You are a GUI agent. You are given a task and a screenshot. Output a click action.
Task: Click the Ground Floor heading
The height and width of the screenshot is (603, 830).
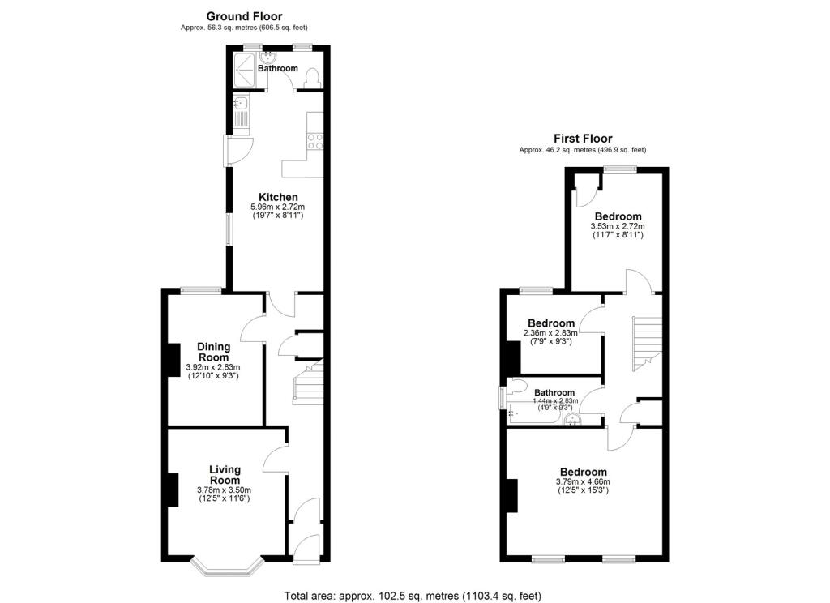(244, 16)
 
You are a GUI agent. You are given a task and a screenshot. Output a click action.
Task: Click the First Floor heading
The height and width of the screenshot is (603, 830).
(583, 139)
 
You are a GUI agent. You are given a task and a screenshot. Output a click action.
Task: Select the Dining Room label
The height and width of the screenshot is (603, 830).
(214, 352)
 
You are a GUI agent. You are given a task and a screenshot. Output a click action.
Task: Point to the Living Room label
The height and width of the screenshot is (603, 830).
(225, 475)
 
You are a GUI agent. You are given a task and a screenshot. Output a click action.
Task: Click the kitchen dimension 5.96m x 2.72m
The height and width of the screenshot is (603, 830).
(278, 207)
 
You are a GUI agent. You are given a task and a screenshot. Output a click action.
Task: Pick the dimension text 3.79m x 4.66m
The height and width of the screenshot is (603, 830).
(583, 481)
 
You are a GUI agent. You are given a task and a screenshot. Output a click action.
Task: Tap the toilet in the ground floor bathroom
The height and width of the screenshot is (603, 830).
(313, 79)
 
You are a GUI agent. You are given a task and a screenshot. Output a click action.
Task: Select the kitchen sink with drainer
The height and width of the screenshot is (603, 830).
(242, 113)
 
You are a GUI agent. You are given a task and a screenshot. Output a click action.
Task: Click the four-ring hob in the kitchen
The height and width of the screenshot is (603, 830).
(315, 141)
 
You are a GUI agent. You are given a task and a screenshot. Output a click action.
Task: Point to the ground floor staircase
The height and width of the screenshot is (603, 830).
(308, 383)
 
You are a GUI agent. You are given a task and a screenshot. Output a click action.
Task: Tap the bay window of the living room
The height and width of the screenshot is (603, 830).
(227, 567)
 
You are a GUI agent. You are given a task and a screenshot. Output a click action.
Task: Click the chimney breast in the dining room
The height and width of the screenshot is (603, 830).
(173, 360)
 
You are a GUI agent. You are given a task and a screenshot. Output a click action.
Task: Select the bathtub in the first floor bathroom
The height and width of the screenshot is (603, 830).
(533, 414)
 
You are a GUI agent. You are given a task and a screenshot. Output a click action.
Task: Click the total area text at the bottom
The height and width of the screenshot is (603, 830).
(413, 596)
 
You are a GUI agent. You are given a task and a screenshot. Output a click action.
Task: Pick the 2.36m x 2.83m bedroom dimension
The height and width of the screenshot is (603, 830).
(550, 333)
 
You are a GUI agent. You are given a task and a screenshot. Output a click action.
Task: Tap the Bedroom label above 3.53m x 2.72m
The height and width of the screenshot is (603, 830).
(618, 216)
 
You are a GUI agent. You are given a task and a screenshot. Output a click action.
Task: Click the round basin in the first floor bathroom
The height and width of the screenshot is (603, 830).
(571, 420)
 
